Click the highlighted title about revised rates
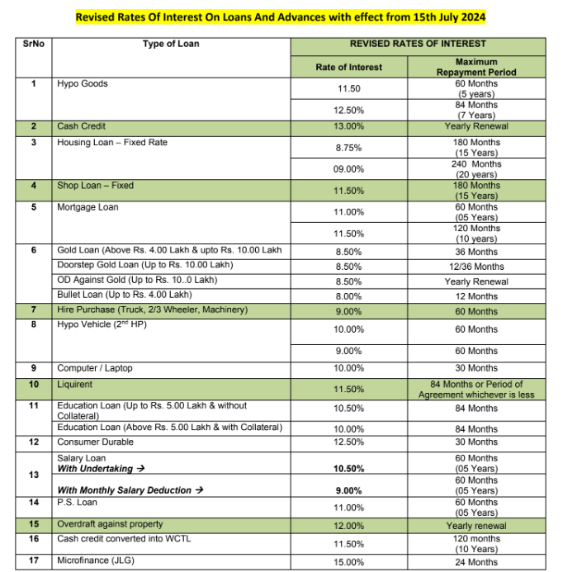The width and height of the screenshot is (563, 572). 281,17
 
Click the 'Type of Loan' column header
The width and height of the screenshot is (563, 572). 171,44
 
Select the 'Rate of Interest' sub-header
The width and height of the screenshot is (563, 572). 349,67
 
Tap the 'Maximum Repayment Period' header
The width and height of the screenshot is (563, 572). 475,67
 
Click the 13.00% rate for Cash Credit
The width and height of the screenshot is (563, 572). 349,127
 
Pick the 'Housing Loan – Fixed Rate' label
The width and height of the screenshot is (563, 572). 112,143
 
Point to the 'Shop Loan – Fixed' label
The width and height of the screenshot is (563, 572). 95,186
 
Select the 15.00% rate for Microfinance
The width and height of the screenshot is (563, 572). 349,562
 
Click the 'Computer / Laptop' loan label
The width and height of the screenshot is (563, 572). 94,368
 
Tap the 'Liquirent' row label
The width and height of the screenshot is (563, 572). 75,385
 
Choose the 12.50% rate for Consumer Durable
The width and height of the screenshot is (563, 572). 349,442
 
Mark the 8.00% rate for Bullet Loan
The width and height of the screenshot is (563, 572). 349,296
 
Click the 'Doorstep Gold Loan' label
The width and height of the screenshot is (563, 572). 145,265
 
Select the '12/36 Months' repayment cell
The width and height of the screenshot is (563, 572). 476,267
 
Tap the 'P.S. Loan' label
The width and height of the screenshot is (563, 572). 77,502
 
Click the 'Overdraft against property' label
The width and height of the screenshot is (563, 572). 110,524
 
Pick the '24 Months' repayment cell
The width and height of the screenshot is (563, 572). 476,562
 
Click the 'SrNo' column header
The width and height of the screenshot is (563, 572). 34,44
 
